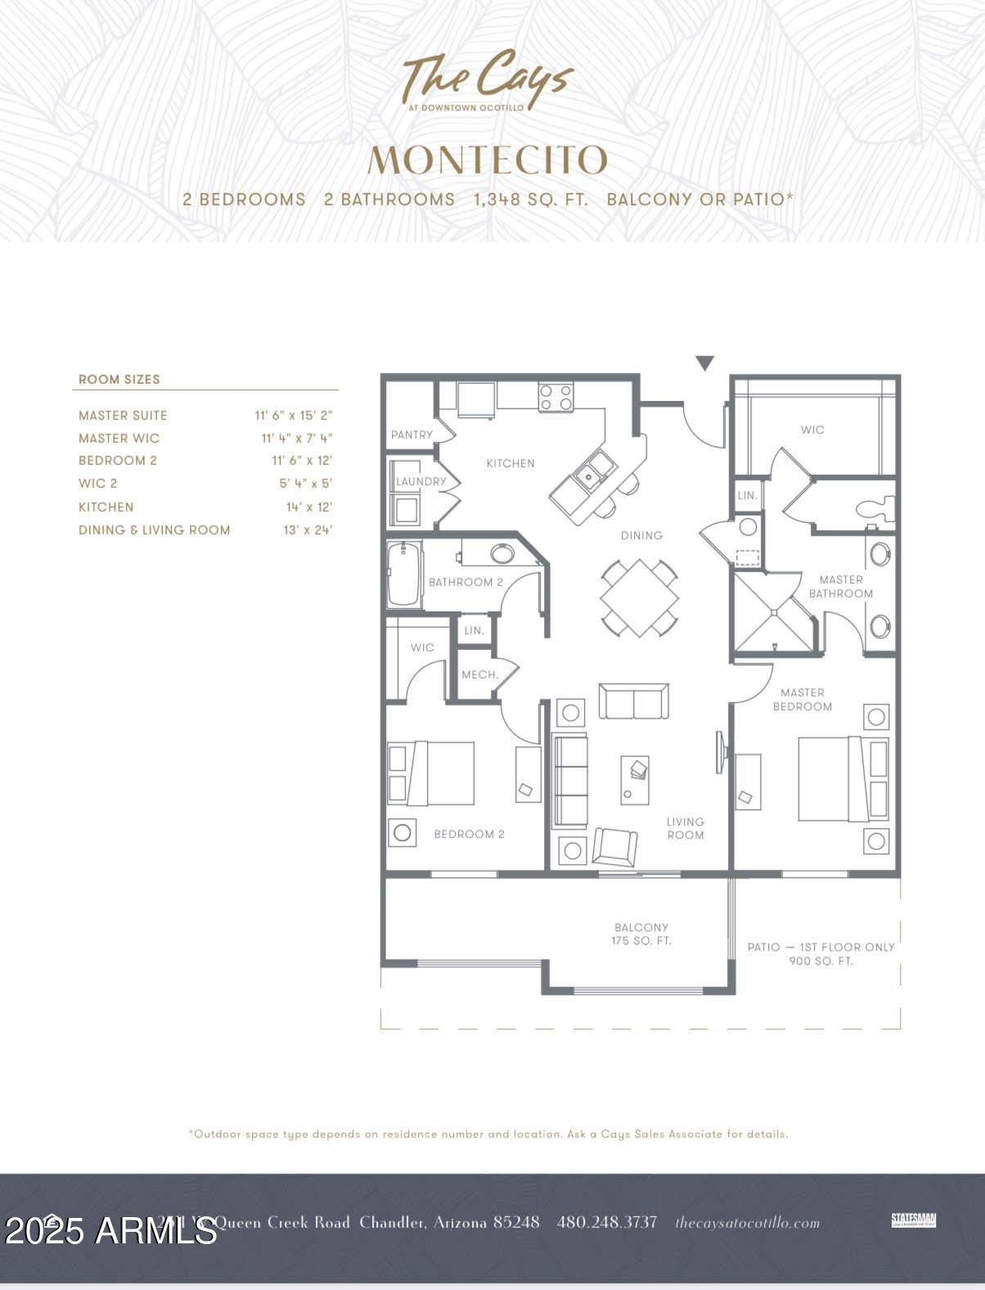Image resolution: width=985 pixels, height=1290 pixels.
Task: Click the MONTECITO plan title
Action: tap(488, 160)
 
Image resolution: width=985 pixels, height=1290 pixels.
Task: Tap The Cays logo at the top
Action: tap(488, 80)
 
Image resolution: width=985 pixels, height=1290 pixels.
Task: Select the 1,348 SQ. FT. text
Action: tap(530, 199)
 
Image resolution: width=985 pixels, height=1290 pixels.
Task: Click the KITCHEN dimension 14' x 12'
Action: tap(308, 507)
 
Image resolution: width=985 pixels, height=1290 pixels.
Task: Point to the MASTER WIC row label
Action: tap(119, 439)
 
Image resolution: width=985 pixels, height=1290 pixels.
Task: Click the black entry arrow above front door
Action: tap(704, 363)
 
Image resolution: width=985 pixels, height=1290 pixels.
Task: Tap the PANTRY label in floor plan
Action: tap(412, 435)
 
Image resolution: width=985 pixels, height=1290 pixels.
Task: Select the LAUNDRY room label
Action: tap(421, 481)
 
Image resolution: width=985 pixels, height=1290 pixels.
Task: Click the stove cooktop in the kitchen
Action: tap(555, 398)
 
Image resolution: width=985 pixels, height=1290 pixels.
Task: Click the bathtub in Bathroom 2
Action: tap(404, 574)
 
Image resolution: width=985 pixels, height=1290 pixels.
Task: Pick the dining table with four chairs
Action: tap(640, 598)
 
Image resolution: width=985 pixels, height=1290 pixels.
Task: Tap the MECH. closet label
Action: tap(479, 674)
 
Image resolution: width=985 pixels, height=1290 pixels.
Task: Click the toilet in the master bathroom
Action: tap(875, 508)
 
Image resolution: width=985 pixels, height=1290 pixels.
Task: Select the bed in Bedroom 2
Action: tap(431, 774)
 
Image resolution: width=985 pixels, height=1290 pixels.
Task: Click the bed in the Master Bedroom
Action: tap(843, 778)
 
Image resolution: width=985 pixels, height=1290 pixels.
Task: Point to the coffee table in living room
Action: tap(635, 780)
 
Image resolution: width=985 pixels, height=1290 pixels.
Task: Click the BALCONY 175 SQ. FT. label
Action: tap(641, 934)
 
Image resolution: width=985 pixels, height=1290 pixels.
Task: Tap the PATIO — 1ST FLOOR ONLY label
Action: tap(821, 954)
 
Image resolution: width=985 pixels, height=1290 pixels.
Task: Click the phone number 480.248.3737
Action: tap(606, 1222)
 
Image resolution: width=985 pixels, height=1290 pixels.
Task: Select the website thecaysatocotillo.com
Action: tap(747, 1223)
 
